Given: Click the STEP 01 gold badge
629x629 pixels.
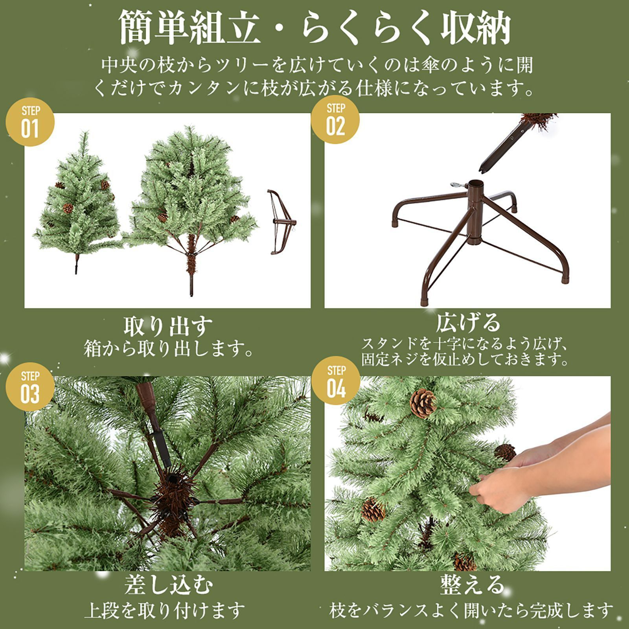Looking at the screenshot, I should click(30, 122).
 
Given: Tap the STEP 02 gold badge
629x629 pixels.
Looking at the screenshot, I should click(335, 120).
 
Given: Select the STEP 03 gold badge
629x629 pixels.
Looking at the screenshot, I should click(30, 387).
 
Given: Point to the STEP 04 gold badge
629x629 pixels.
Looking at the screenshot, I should click(336, 381).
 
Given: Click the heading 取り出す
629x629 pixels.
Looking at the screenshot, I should click(168, 326).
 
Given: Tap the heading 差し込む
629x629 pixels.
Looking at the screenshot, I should click(168, 585).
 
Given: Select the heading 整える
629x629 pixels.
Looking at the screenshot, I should click(472, 584).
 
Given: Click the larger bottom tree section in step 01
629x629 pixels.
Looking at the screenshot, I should click(191, 200).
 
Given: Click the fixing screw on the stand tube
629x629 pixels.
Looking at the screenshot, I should click(457, 184).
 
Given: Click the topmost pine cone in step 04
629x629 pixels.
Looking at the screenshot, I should click(423, 403).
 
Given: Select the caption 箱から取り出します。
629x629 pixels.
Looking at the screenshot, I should click(168, 348).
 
